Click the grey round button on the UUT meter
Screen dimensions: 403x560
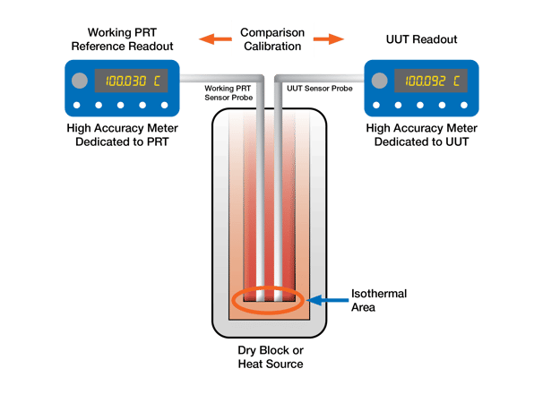coord(381,81)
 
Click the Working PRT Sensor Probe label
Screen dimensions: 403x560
coord(229,92)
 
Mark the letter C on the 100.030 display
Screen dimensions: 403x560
coord(157,81)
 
